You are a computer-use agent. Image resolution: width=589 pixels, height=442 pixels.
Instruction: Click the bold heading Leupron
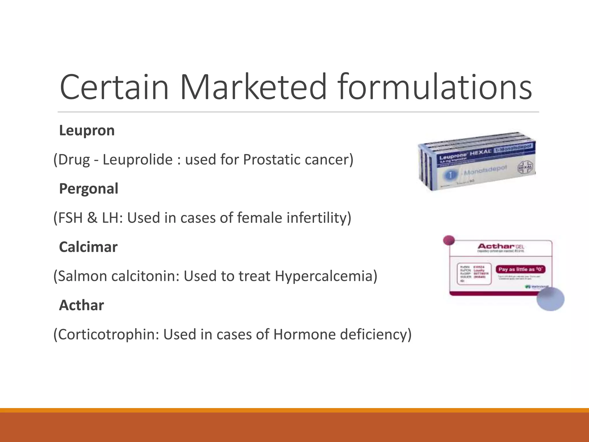(x=87, y=131)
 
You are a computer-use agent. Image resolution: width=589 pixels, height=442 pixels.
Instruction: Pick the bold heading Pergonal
(x=89, y=189)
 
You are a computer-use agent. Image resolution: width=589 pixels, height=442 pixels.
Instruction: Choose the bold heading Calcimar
(x=88, y=247)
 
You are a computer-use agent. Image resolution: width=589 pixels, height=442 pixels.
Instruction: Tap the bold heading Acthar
(x=81, y=305)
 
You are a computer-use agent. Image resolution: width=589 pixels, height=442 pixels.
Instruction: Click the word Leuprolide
(x=137, y=160)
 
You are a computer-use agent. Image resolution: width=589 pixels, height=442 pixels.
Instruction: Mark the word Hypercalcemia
(x=326, y=276)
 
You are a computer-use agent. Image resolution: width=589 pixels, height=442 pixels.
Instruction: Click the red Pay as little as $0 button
(x=520, y=269)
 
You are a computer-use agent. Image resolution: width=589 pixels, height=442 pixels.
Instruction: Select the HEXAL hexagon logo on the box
(x=525, y=167)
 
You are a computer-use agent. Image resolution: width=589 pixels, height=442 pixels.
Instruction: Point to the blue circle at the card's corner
(x=550, y=299)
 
